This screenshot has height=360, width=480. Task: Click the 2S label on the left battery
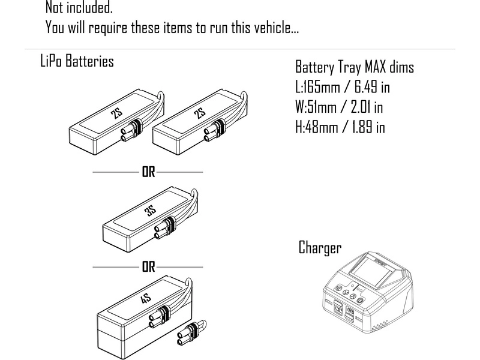coord(118,115)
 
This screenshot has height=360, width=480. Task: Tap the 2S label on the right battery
coord(200,113)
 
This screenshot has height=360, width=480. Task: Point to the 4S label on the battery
coord(146,299)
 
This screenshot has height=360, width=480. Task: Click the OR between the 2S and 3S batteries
coord(148,172)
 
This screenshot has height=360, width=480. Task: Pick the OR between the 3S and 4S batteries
coord(148,267)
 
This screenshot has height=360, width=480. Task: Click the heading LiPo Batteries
coord(76,61)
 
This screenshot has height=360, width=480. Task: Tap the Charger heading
coord(320,248)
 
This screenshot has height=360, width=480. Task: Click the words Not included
coord(79,8)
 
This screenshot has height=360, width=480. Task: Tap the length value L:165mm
coord(318,87)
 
